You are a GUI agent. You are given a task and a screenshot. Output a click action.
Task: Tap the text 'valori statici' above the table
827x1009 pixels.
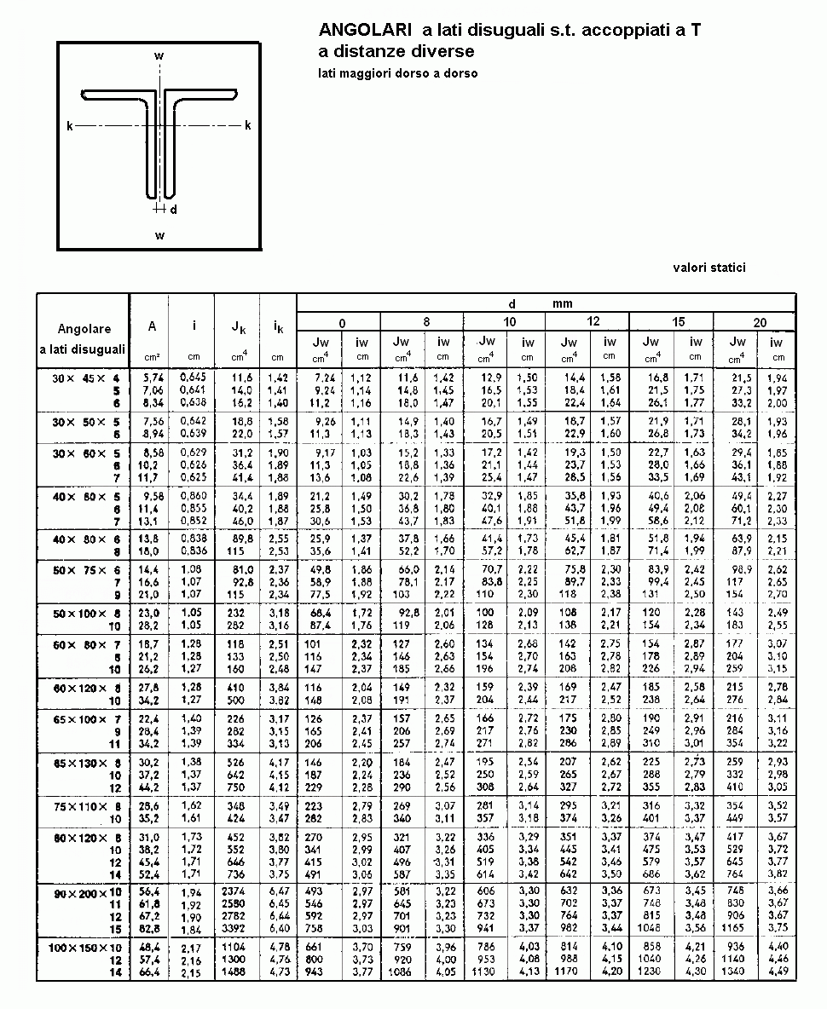click(708, 268)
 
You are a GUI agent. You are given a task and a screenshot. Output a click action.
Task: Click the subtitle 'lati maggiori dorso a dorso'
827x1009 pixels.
click(397, 73)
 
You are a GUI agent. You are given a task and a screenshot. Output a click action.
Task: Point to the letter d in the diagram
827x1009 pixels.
click(173, 209)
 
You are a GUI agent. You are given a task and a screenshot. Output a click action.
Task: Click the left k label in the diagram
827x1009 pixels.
click(70, 126)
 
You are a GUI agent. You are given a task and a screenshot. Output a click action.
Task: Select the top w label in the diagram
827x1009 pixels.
click(159, 56)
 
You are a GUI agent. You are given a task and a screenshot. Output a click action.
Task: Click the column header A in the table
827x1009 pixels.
click(152, 326)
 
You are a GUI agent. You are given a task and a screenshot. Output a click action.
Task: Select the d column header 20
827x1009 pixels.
click(760, 322)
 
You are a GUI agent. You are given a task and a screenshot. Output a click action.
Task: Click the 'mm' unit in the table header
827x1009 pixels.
click(561, 303)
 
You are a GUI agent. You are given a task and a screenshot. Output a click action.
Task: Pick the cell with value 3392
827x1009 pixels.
click(233, 927)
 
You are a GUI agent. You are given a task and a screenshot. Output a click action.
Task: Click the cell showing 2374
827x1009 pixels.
click(233, 891)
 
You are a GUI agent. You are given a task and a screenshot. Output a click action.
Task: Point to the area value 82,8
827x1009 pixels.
click(150, 927)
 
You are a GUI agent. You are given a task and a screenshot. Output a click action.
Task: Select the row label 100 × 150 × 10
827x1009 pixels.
click(84, 948)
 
